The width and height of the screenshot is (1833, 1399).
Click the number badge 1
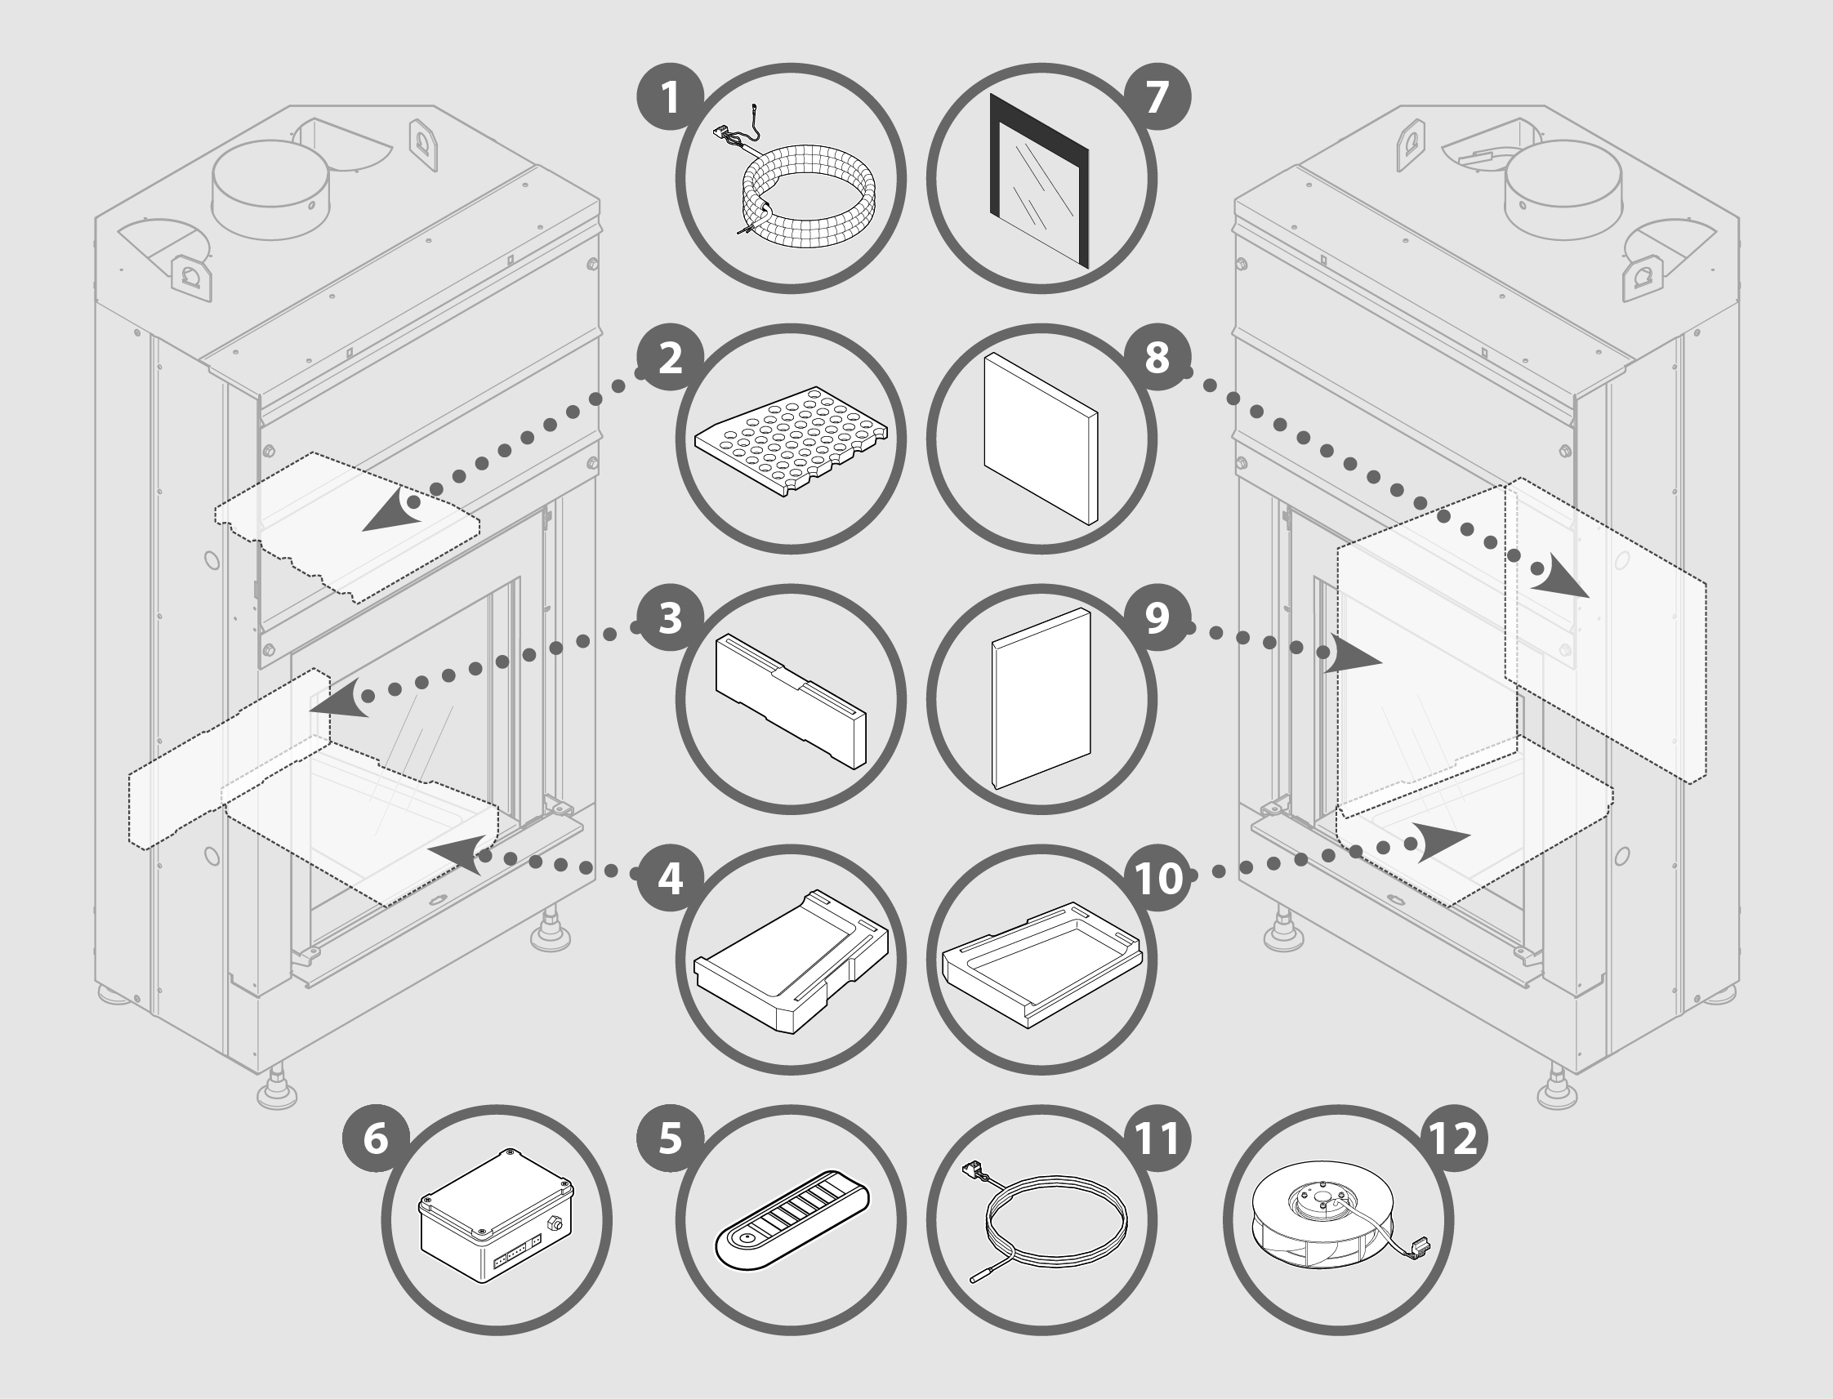pos(671,97)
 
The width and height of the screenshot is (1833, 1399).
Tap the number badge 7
pos(1157,97)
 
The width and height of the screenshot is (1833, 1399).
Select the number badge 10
pos(1157,878)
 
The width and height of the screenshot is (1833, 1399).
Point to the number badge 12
pos(1453,1138)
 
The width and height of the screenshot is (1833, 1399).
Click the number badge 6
pos(376,1138)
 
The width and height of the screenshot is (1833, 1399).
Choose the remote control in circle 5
pos(792,1223)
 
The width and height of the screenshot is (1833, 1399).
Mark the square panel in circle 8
pos(1040,438)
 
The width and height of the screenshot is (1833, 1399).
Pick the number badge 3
pos(671,618)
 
